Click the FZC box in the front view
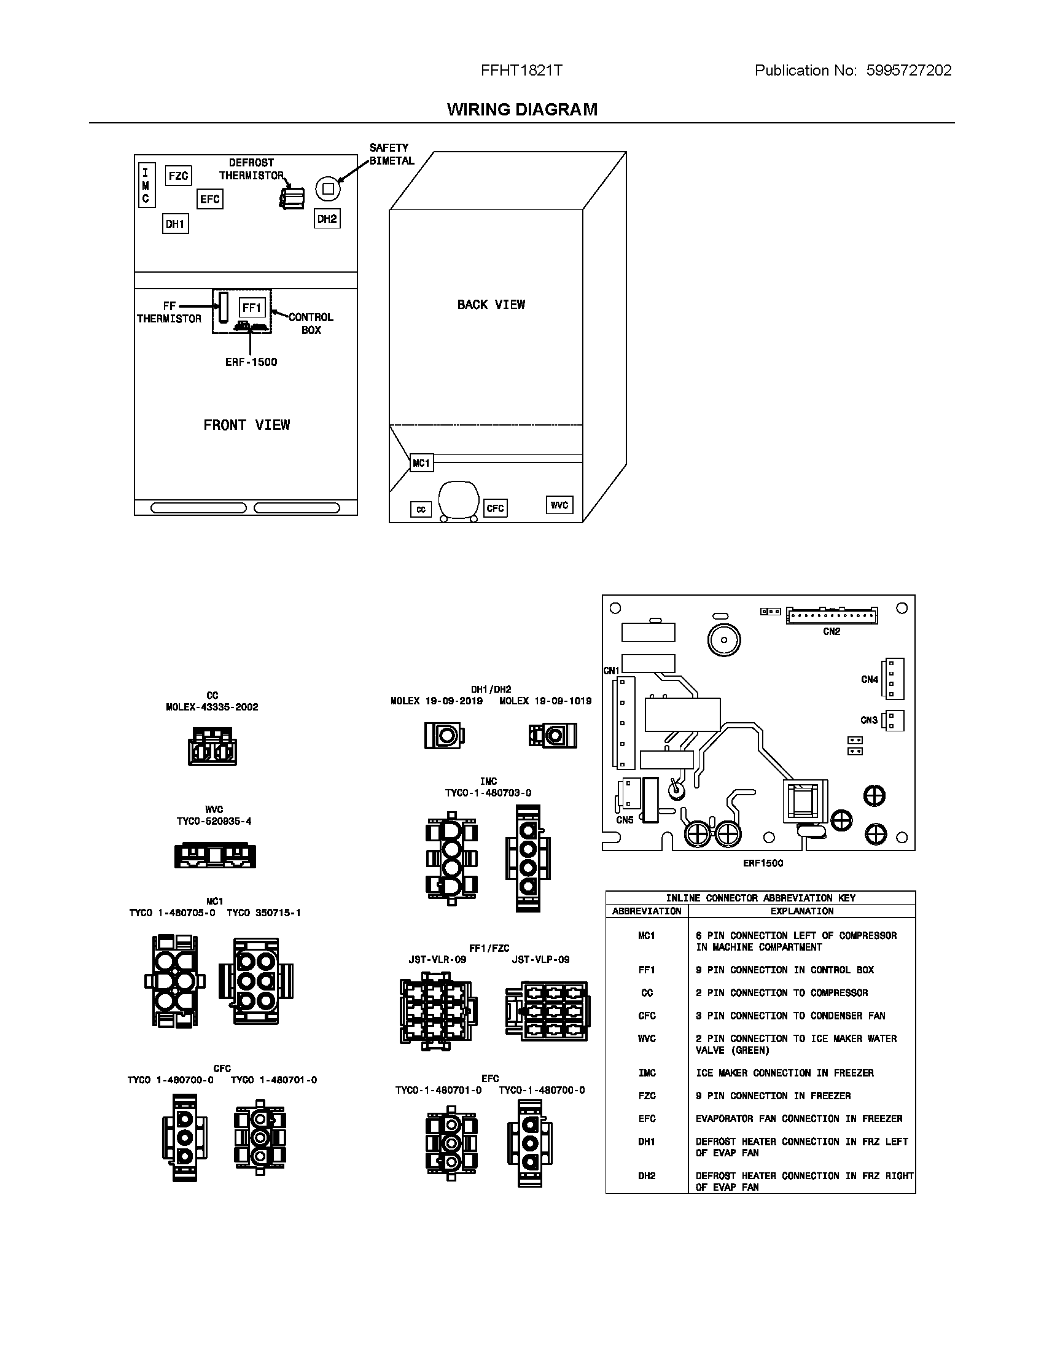click(178, 176)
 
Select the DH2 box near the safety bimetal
click(327, 219)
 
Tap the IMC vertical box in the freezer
click(146, 185)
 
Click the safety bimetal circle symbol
click(329, 189)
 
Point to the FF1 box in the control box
click(252, 308)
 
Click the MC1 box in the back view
click(421, 462)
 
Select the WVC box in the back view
click(559, 505)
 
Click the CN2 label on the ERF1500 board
click(832, 631)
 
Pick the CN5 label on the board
click(625, 820)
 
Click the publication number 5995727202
click(908, 71)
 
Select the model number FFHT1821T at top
click(521, 71)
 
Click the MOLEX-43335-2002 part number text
click(212, 707)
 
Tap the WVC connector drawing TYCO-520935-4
click(214, 855)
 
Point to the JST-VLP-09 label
click(540, 959)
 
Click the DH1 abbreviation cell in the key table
click(646, 1142)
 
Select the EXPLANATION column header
click(801, 911)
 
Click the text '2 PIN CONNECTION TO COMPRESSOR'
click(781, 993)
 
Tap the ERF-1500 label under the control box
click(251, 362)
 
